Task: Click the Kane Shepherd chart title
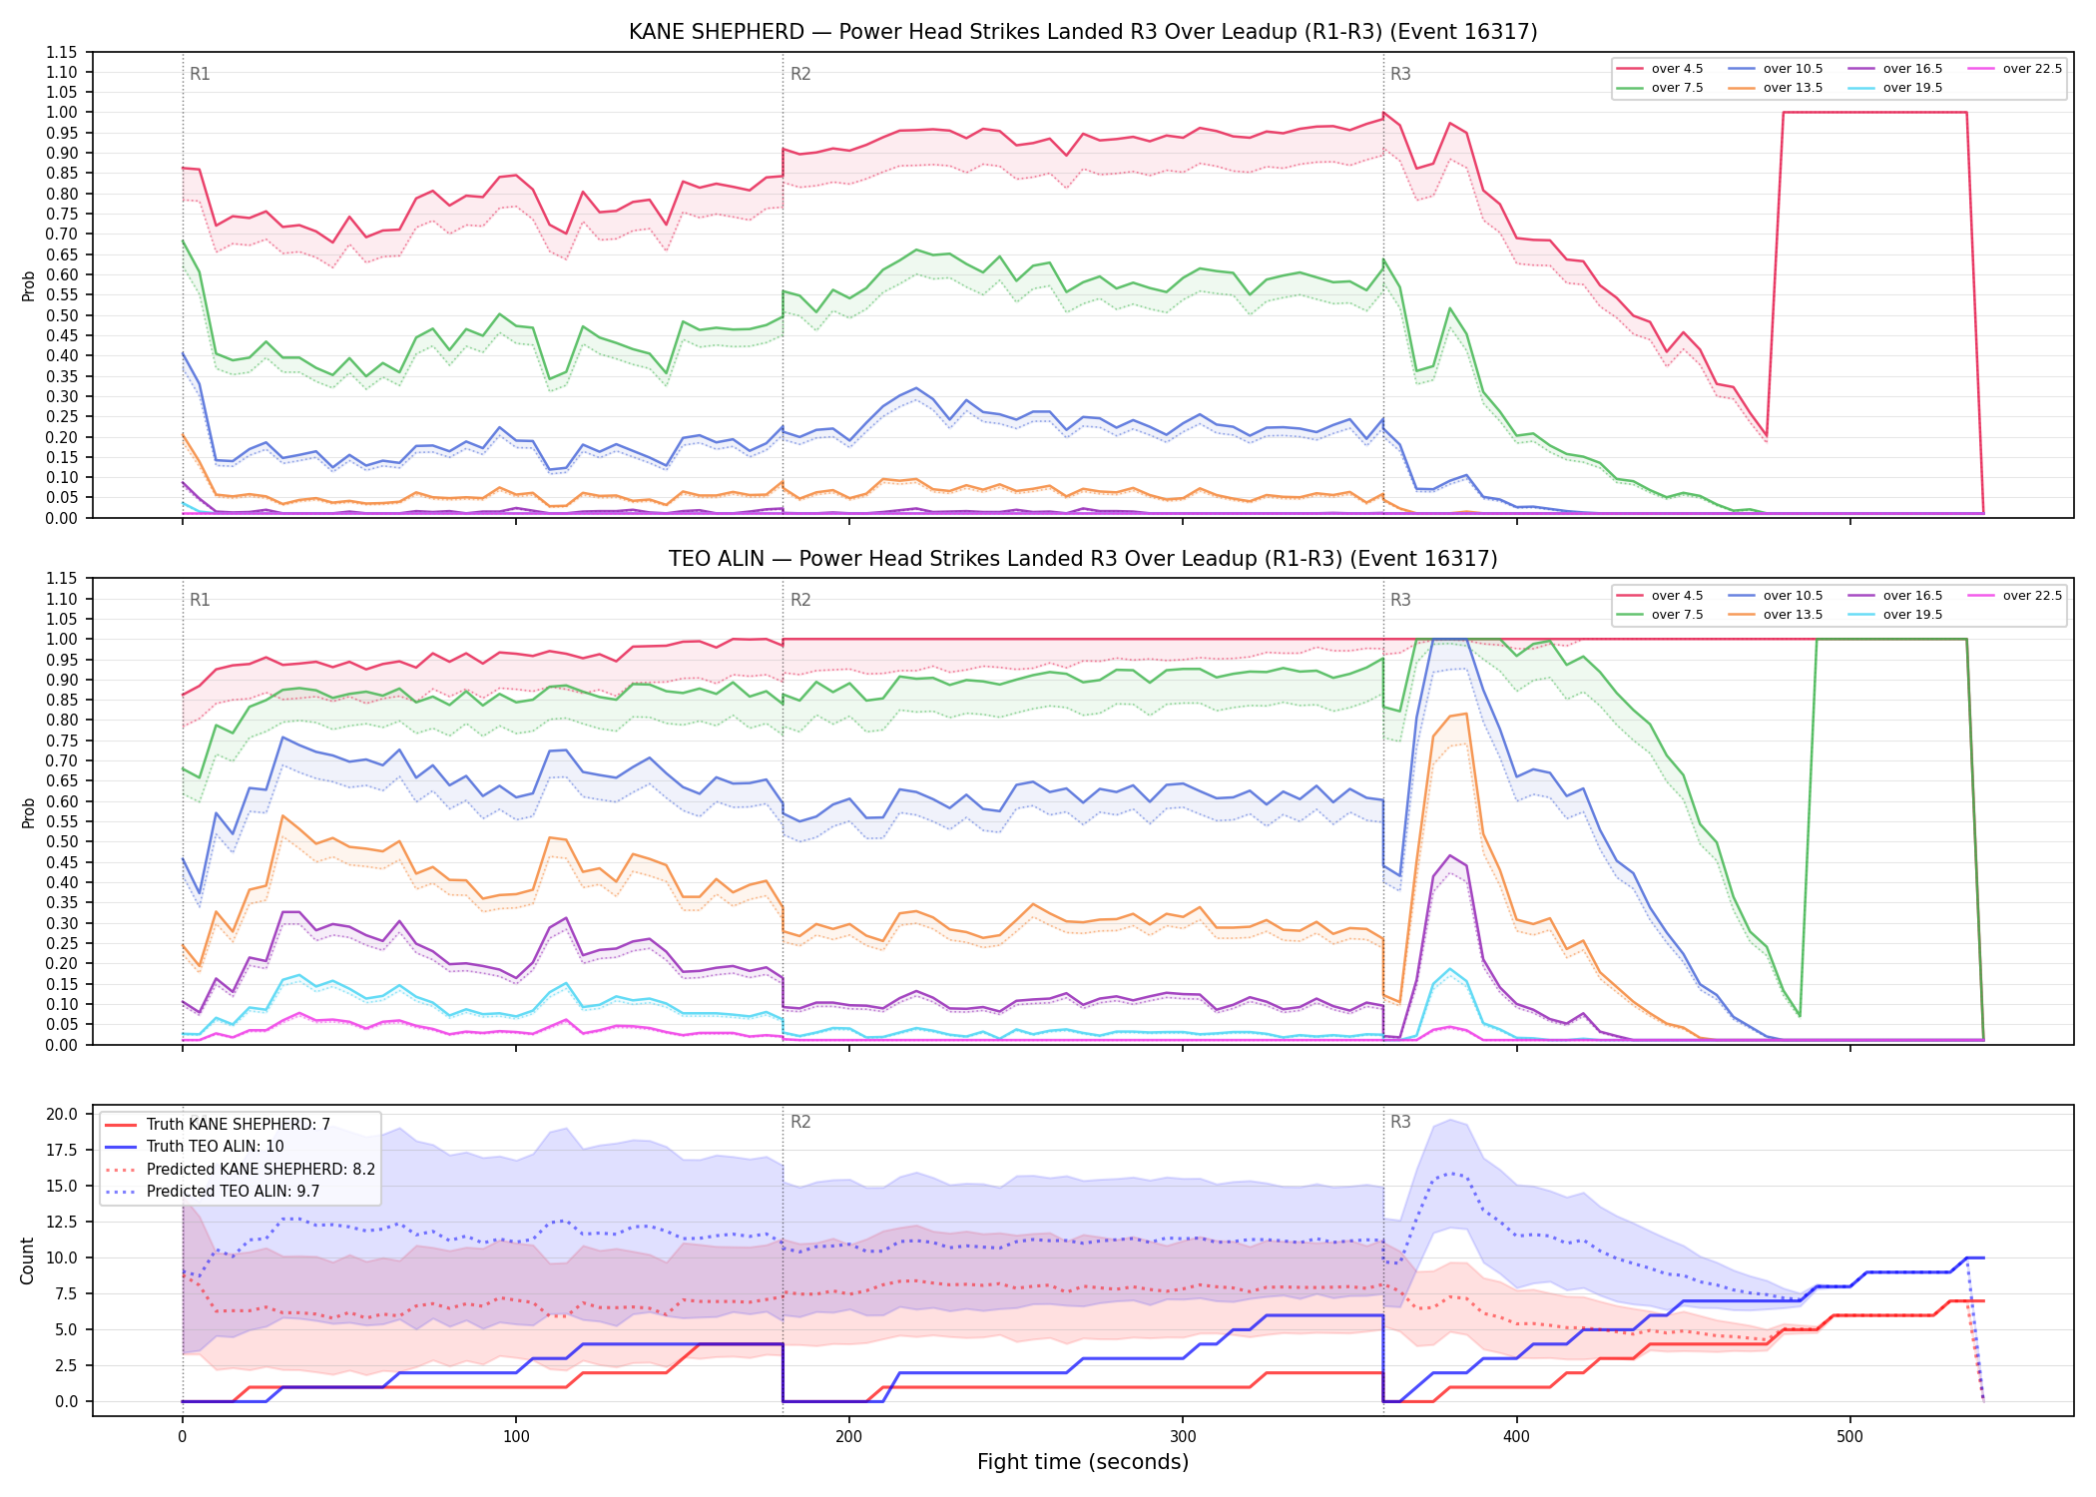(x=1083, y=32)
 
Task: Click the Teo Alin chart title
(x=1083, y=559)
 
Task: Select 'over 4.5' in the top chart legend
(x=1678, y=69)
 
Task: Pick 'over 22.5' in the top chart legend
(x=2032, y=69)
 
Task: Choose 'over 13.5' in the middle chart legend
(x=1793, y=615)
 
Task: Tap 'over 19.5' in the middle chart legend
(x=1912, y=615)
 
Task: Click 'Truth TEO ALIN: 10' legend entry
(x=215, y=1147)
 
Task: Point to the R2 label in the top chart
(x=800, y=74)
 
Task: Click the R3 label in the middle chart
(x=1400, y=600)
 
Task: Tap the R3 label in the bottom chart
(x=1400, y=1122)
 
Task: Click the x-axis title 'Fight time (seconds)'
(x=1083, y=1462)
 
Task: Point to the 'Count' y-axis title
(x=27, y=1260)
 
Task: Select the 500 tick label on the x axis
(x=1849, y=1437)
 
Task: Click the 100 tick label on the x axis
(x=516, y=1437)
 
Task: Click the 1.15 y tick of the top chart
(x=62, y=52)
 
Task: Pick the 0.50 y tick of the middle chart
(x=62, y=842)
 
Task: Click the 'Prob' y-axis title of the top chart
(x=28, y=285)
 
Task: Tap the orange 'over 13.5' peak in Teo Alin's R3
(x=1465, y=714)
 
